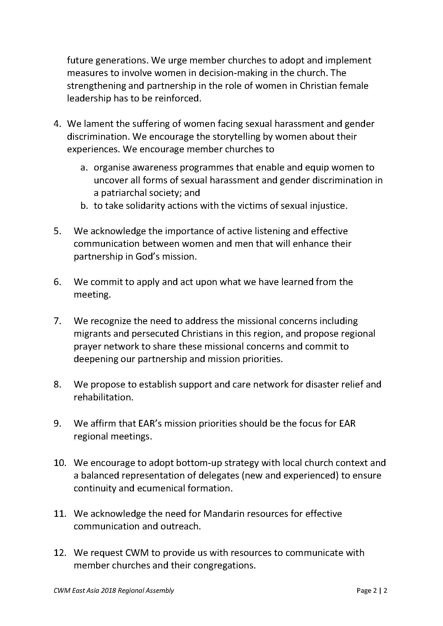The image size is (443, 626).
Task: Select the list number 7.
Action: (x=57, y=321)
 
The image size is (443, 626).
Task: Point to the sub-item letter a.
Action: (x=84, y=167)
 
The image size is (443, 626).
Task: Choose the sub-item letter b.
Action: (x=84, y=206)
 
